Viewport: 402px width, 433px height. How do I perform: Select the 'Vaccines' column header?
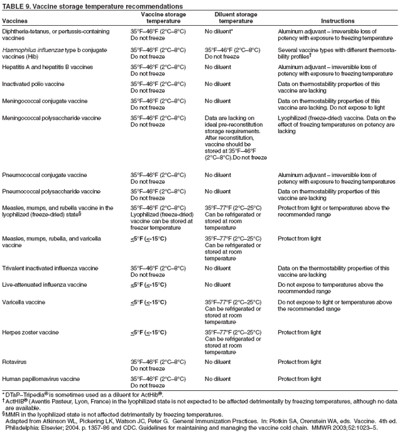[x=16, y=21]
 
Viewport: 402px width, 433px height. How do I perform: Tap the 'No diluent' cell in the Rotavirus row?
[x=222, y=361]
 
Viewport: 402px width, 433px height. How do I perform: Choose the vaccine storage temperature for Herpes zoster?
[x=148, y=332]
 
